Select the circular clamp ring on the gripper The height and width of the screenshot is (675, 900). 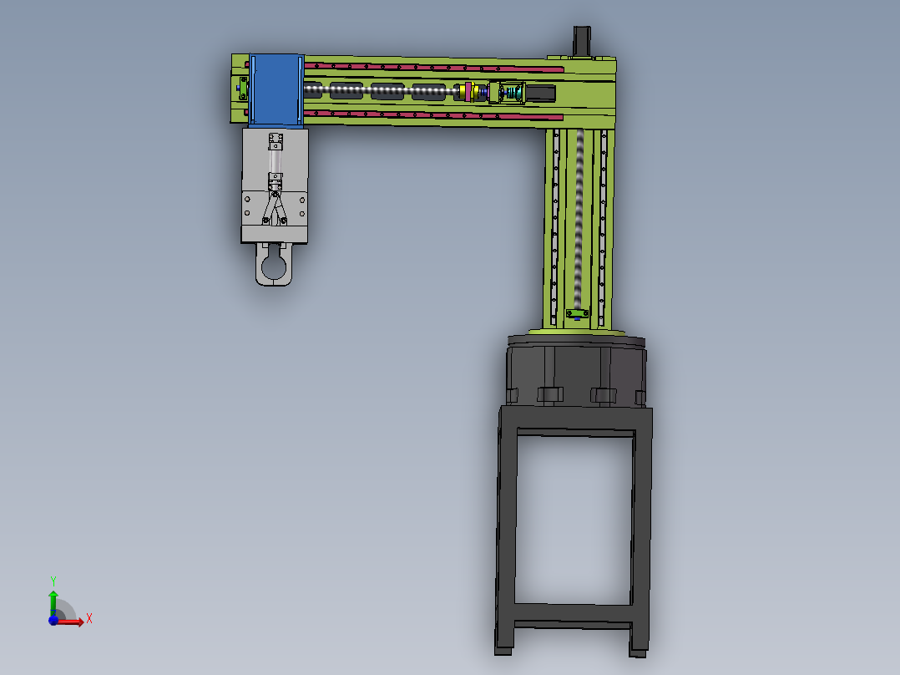point(274,267)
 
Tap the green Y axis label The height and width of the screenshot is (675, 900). point(53,581)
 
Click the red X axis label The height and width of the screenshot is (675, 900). point(88,619)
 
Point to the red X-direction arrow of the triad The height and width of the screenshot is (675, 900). point(72,622)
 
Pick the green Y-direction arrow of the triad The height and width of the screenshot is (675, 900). point(53,601)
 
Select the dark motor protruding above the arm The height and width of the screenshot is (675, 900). point(582,40)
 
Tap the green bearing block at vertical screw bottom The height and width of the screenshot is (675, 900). point(576,314)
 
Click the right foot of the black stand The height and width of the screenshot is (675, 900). point(639,643)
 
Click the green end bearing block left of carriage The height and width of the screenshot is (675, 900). point(241,87)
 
